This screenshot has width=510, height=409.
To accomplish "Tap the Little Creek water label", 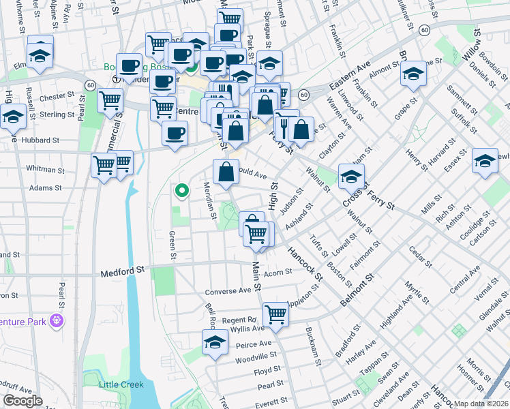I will pos(122,384).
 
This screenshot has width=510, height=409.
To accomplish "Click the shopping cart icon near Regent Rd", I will pos(275,315).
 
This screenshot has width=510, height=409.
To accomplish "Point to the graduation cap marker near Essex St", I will pos(485,161).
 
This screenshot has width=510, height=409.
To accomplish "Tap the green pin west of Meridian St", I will pos(181,192).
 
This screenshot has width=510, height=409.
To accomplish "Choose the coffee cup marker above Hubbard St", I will pos(175,133).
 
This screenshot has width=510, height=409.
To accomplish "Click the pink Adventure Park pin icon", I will pos(57,318).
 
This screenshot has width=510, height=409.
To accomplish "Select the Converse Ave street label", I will pos(228,291).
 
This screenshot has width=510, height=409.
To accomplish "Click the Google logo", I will pos(22,400).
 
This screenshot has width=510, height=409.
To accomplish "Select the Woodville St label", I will pos(256,357).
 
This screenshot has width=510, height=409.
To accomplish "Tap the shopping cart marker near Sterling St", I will pos(110,102).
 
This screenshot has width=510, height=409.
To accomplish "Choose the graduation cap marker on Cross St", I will pos(351,177).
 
